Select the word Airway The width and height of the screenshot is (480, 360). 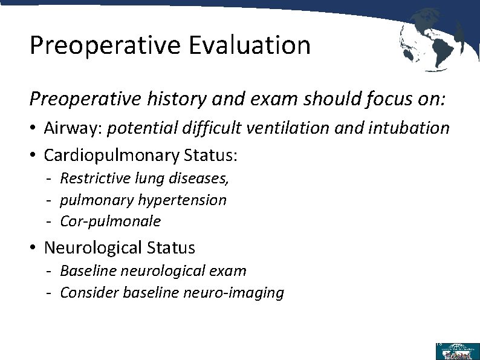click(66, 128)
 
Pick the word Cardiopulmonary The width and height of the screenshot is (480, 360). click(111, 155)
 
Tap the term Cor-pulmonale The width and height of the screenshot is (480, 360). click(111, 221)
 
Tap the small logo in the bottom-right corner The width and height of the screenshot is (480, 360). click(457, 351)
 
